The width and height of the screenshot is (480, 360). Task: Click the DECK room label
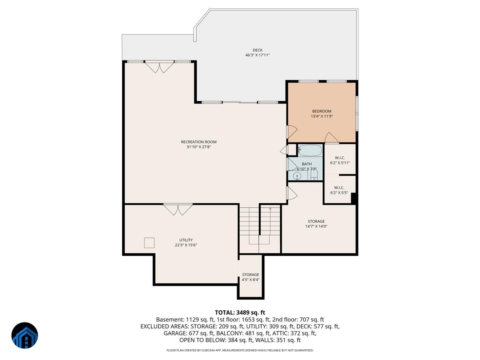pos(257,50)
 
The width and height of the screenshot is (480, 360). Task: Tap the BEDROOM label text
pos(322,111)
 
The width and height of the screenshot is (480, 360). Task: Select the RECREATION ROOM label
pos(198,142)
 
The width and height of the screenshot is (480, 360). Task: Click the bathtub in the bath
pos(310,151)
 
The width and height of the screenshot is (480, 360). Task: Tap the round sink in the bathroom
pos(298,176)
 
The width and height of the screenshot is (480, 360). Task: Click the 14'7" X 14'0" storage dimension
pos(316,226)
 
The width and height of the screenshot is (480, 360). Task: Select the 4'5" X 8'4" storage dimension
pos(251,280)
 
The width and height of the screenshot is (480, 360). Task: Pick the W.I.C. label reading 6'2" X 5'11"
pos(340,163)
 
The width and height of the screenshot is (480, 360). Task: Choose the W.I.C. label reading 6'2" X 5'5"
pos(339,193)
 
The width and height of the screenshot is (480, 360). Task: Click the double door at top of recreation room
pos(159,67)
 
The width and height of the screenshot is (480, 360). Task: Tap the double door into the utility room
pos(178,210)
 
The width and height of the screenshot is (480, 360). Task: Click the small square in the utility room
pos(149,242)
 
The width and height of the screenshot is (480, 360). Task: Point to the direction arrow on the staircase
pos(270,209)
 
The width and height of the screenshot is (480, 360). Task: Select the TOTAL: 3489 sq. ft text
pos(240,312)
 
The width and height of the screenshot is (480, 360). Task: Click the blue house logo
pos(24,335)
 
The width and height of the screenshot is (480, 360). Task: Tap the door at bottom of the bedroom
pos(332,138)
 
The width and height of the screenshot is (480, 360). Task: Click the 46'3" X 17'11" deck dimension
pos(258,55)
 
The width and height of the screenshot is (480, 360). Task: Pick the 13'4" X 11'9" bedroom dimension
pos(322,116)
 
